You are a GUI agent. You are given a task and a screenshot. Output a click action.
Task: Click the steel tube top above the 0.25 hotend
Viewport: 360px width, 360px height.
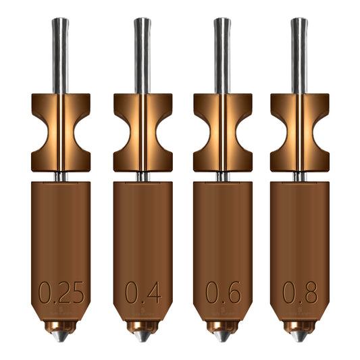click(61, 22)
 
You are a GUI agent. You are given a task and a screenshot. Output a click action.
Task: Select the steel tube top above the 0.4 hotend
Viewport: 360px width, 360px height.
click(143, 22)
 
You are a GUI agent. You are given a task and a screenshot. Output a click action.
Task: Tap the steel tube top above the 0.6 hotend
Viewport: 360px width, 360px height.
click(222, 22)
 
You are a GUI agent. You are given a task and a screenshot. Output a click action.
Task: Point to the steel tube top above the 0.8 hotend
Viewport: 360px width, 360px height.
click(299, 22)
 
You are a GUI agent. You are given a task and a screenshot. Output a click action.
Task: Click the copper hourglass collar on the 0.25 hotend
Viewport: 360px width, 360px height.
click(61, 132)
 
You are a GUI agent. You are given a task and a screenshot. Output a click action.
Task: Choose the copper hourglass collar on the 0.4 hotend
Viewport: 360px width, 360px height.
click(143, 132)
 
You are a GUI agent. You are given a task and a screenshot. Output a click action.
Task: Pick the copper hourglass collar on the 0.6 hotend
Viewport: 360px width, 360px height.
click(222, 132)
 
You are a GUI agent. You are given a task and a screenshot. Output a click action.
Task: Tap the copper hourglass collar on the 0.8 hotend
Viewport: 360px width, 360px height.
click(299, 132)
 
